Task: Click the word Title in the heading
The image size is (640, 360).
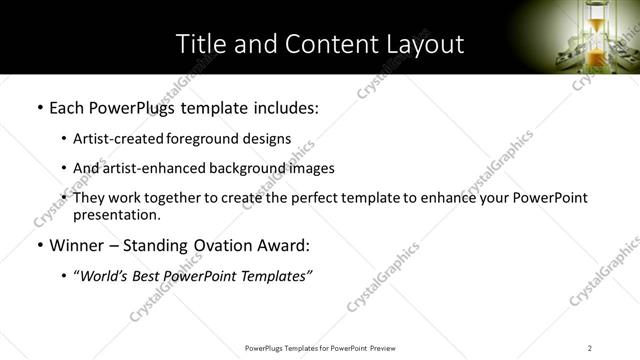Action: pyautogui.click(x=201, y=44)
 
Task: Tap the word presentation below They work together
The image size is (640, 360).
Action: pyautogui.click(x=117, y=215)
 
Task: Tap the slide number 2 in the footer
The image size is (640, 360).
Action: pyautogui.click(x=590, y=347)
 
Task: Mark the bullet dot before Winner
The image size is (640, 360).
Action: pyautogui.click(x=39, y=246)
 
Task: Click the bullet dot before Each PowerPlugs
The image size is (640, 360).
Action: pyautogui.click(x=39, y=107)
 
